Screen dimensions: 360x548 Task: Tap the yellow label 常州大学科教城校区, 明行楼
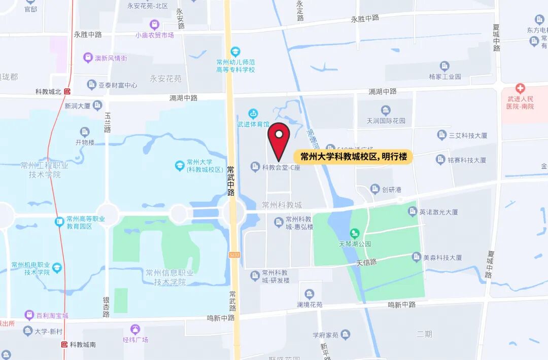tap(353, 157)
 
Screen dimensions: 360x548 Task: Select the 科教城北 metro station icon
tap(67, 92)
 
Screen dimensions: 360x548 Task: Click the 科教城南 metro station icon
tap(64, 344)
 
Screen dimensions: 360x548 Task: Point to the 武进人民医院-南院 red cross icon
tap(520, 88)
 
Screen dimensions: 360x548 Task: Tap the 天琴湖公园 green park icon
tap(355, 233)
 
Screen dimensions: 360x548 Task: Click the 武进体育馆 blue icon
tap(253, 114)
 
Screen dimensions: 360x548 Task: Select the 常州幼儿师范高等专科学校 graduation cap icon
tap(235, 52)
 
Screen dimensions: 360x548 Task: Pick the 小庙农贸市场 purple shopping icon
tap(154, 24)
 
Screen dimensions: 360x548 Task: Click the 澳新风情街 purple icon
tap(88, 58)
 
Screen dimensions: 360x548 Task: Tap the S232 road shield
tap(234, 255)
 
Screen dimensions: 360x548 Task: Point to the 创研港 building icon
tap(375, 189)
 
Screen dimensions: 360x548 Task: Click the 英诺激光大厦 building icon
tap(413, 211)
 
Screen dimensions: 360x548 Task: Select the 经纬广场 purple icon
tap(135, 329)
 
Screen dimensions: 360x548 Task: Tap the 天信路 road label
tap(366, 262)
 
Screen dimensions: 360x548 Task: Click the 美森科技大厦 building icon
tap(417, 257)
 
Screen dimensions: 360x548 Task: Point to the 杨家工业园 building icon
tap(444, 66)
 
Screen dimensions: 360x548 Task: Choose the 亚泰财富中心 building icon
tap(92, 85)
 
